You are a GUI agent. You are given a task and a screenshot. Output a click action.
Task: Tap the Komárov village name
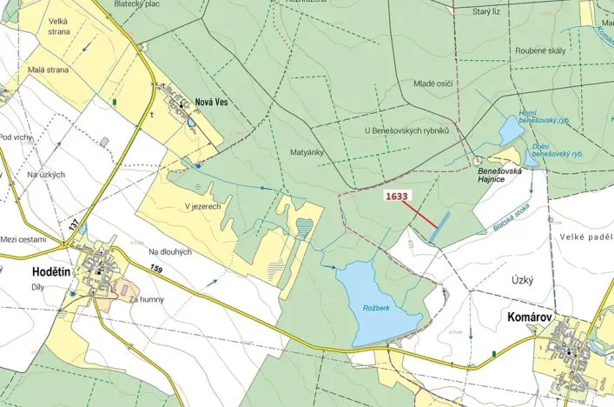pyautogui.click(x=531, y=319)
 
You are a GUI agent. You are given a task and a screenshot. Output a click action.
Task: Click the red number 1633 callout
pyautogui.click(x=396, y=197)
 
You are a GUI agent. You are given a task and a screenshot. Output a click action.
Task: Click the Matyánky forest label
pyautogui.click(x=307, y=151)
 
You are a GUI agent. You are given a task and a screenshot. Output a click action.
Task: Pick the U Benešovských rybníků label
pyautogui.click(x=407, y=130)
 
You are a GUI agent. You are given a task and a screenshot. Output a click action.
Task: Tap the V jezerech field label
pyautogui.click(x=202, y=206)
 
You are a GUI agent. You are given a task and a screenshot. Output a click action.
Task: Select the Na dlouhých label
pyautogui.click(x=169, y=251)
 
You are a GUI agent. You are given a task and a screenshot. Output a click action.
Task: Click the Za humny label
pyautogui.click(x=145, y=299)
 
